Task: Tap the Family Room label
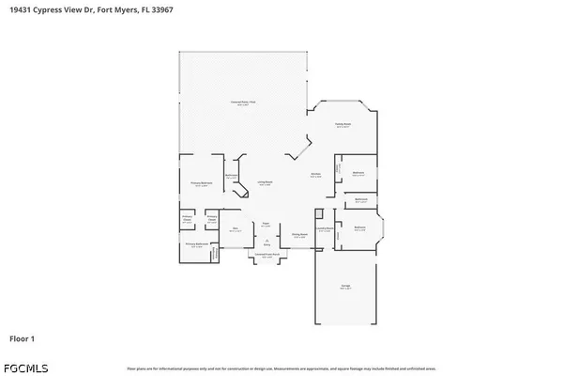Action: point(343,124)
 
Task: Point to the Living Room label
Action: point(266,183)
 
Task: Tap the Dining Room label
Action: point(299,236)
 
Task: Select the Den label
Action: point(235,228)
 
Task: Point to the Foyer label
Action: point(266,225)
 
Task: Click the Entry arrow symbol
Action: point(266,240)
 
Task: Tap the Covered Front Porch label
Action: point(266,255)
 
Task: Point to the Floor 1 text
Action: point(23,337)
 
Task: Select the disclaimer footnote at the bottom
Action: point(281,367)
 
